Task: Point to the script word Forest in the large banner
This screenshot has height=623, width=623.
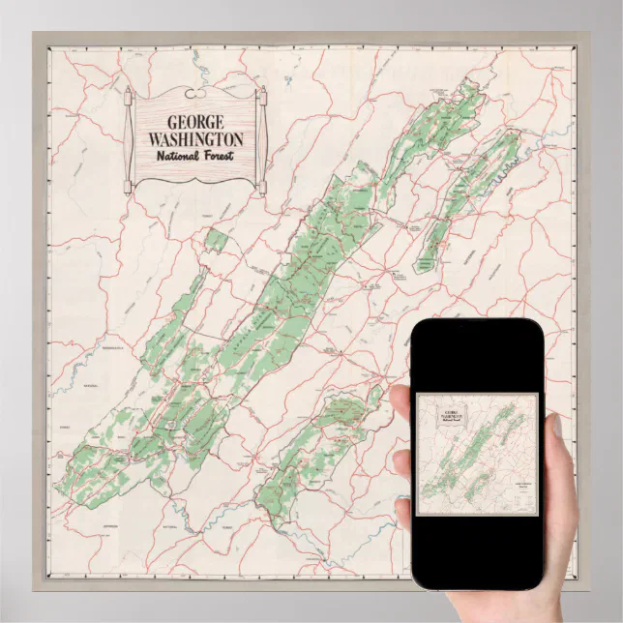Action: coord(219,157)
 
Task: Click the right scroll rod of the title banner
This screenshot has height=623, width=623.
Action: coord(262,140)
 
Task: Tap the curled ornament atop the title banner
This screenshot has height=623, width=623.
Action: coord(194,94)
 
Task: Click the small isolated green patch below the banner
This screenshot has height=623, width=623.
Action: coord(217,239)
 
